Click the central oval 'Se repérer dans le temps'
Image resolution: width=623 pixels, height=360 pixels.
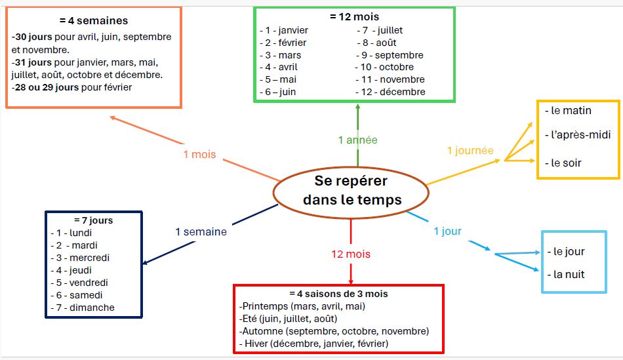coord(351,190)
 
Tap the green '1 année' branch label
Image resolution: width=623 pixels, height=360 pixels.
coord(357,140)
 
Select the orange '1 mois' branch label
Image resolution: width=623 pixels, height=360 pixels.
coord(199,155)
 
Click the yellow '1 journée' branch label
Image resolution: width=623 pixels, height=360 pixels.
coord(470,151)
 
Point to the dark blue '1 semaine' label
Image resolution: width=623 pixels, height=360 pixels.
coord(201,231)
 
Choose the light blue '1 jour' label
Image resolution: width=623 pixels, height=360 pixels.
coord(447,231)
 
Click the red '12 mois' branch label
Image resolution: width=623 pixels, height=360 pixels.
coord(351,254)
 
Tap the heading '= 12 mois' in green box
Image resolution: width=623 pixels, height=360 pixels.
coord(354,17)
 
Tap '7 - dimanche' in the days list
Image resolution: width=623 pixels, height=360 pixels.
coord(83,308)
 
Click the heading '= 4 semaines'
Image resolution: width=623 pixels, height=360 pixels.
coord(94,21)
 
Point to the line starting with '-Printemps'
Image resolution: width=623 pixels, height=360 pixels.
coord(302,306)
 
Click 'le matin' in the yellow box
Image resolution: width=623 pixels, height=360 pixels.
coord(563,111)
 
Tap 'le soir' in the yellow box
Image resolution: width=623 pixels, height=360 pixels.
coord(563,163)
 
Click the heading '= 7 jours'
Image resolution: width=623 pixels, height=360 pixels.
coord(93,220)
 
